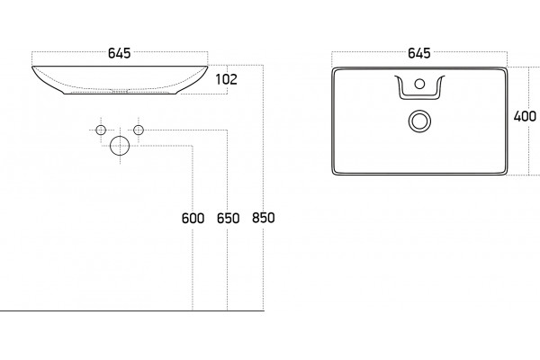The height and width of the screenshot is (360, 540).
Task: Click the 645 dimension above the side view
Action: [120, 53]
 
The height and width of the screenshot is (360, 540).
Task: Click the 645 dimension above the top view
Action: [419, 53]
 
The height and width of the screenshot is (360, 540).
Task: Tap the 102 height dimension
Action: [226, 79]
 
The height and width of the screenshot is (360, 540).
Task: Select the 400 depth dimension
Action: [525, 116]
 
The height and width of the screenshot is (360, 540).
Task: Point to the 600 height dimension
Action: [193, 218]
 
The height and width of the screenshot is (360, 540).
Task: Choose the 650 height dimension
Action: [228, 218]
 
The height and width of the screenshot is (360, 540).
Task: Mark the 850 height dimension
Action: [264, 218]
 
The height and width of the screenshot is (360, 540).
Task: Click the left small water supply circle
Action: [101, 130]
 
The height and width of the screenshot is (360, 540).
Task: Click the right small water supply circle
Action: [139, 130]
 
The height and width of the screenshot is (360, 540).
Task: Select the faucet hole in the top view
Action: [419, 84]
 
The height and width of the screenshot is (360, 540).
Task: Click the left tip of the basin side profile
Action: [32, 67]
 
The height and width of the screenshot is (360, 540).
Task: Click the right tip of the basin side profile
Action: [207, 67]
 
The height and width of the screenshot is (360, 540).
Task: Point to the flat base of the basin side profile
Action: [121, 94]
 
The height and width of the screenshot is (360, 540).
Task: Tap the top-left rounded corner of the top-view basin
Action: [334, 69]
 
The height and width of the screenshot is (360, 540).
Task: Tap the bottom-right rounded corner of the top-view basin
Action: [506, 173]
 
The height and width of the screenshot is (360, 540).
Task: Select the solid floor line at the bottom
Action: [132, 310]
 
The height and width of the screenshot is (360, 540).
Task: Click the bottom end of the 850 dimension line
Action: [264, 310]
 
